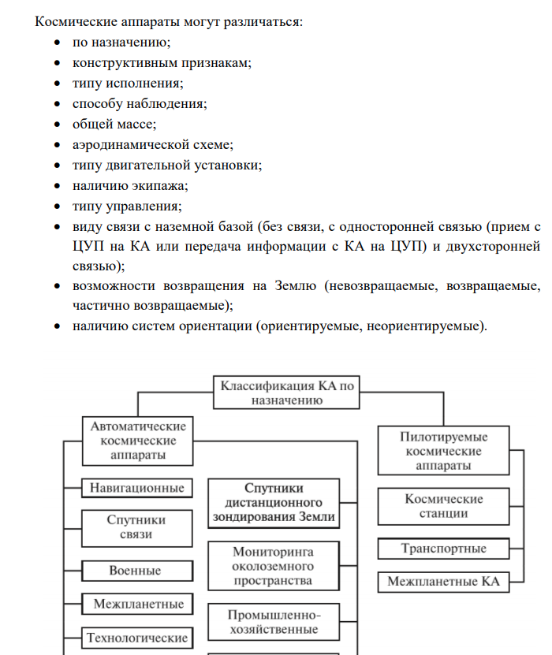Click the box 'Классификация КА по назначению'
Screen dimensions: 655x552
288,393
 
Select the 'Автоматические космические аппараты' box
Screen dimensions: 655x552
139,441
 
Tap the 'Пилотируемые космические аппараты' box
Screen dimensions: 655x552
443,451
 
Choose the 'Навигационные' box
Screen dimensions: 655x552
137,488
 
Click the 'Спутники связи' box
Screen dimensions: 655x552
137,527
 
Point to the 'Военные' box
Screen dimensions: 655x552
137,570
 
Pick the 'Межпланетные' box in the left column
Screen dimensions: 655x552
137,605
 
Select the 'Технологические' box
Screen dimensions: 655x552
137,637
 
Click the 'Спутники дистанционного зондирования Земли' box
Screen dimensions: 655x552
274,503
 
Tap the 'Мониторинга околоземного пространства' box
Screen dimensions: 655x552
274,567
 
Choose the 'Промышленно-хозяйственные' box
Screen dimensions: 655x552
274,621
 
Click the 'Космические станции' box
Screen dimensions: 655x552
443,506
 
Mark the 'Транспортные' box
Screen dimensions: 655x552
443,549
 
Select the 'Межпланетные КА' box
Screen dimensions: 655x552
443,582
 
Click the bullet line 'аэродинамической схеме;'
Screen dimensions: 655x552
153,145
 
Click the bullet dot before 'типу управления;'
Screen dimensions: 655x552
58,207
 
